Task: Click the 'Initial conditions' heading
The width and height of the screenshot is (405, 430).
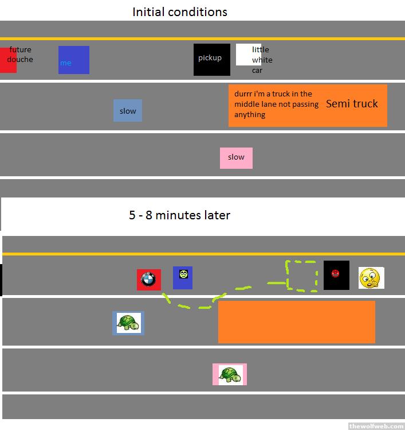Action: click(179, 11)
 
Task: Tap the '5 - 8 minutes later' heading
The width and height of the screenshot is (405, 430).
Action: click(179, 215)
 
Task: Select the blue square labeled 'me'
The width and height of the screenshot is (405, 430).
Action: click(74, 60)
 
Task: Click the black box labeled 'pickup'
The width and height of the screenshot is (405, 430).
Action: click(211, 59)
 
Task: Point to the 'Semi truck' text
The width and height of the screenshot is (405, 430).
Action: click(352, 104)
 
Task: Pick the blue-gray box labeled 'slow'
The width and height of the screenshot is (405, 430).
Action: click(128, 111)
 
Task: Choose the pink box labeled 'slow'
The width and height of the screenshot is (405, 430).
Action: click(236, 157)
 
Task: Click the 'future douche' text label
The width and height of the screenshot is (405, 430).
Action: click(20, 55)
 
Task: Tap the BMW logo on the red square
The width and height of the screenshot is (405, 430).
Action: click(148, 280)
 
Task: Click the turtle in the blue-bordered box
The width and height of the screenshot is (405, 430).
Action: click(128, 323)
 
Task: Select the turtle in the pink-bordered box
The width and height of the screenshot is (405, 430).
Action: click(230, 374)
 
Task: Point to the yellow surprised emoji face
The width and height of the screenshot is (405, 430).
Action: click(371, 278)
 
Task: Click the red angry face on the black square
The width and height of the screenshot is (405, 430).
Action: click(336, 273)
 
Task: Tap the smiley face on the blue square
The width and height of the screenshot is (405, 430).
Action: click(183, 274)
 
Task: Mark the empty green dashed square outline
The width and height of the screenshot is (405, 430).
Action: click(302, 276)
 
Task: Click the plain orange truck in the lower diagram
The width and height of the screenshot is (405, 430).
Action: click(296, 321)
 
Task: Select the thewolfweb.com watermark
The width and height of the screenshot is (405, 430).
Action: click(376, 425)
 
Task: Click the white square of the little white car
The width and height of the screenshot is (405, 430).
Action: click(245, 55)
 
